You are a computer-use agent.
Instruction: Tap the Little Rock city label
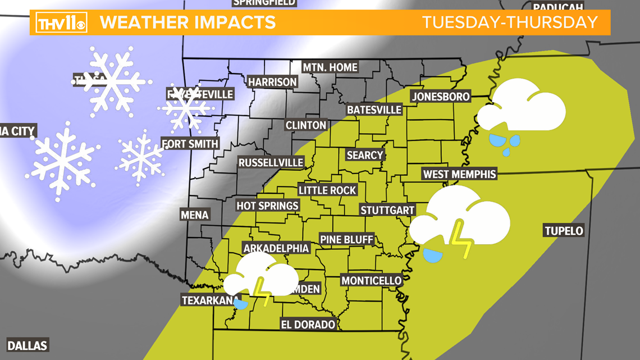pyautogui.click(x=327, y=190)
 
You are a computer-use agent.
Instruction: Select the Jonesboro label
pyautogui.click(x=441, y=97)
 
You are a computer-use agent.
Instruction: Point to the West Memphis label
pyautogui.click(x=460, y=174)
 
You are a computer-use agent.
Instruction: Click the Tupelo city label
pyautogui.click(x=563, y=230)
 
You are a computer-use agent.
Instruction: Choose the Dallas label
pyautogui.click(x=27, y=345)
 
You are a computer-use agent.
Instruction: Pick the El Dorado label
pyautogui.click(x=309, y=324)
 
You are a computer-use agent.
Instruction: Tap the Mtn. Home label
pyautogui.click(x=330, y=67)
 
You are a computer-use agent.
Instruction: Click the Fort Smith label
pyautogui.click(x=190, y=144)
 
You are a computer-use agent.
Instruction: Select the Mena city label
pyautogui.click(x=194, y=215)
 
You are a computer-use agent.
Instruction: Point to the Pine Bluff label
pyautogui.click(x=346, y=240)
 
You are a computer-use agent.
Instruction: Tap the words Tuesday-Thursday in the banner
pyautogui.click(x=510, y=22)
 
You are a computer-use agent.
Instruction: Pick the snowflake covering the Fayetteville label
pyautogui.click(x=186, y=107)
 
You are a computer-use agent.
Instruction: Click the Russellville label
pyautogui.click(x=271, y=163)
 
